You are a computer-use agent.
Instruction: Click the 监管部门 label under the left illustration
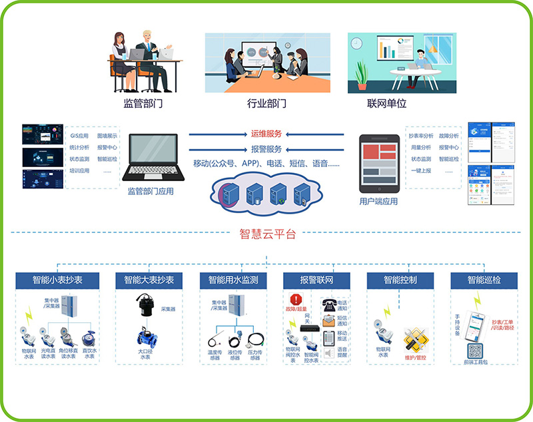pos(143,103)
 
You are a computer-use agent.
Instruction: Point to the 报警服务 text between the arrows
pos(266,148)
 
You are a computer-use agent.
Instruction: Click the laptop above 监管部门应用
pos(153,158)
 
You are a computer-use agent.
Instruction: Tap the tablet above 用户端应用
pos(378,162)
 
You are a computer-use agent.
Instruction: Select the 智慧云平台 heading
pos(266,234)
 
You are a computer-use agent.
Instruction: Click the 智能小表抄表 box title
pos(57,280)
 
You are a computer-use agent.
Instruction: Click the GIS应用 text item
pos(79,135)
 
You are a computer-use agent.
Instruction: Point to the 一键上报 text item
pos(420,170)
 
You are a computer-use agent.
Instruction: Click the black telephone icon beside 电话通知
pos(328,306)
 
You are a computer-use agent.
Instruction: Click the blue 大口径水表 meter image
pos(144,334)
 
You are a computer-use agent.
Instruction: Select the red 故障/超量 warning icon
pos(296,299)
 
